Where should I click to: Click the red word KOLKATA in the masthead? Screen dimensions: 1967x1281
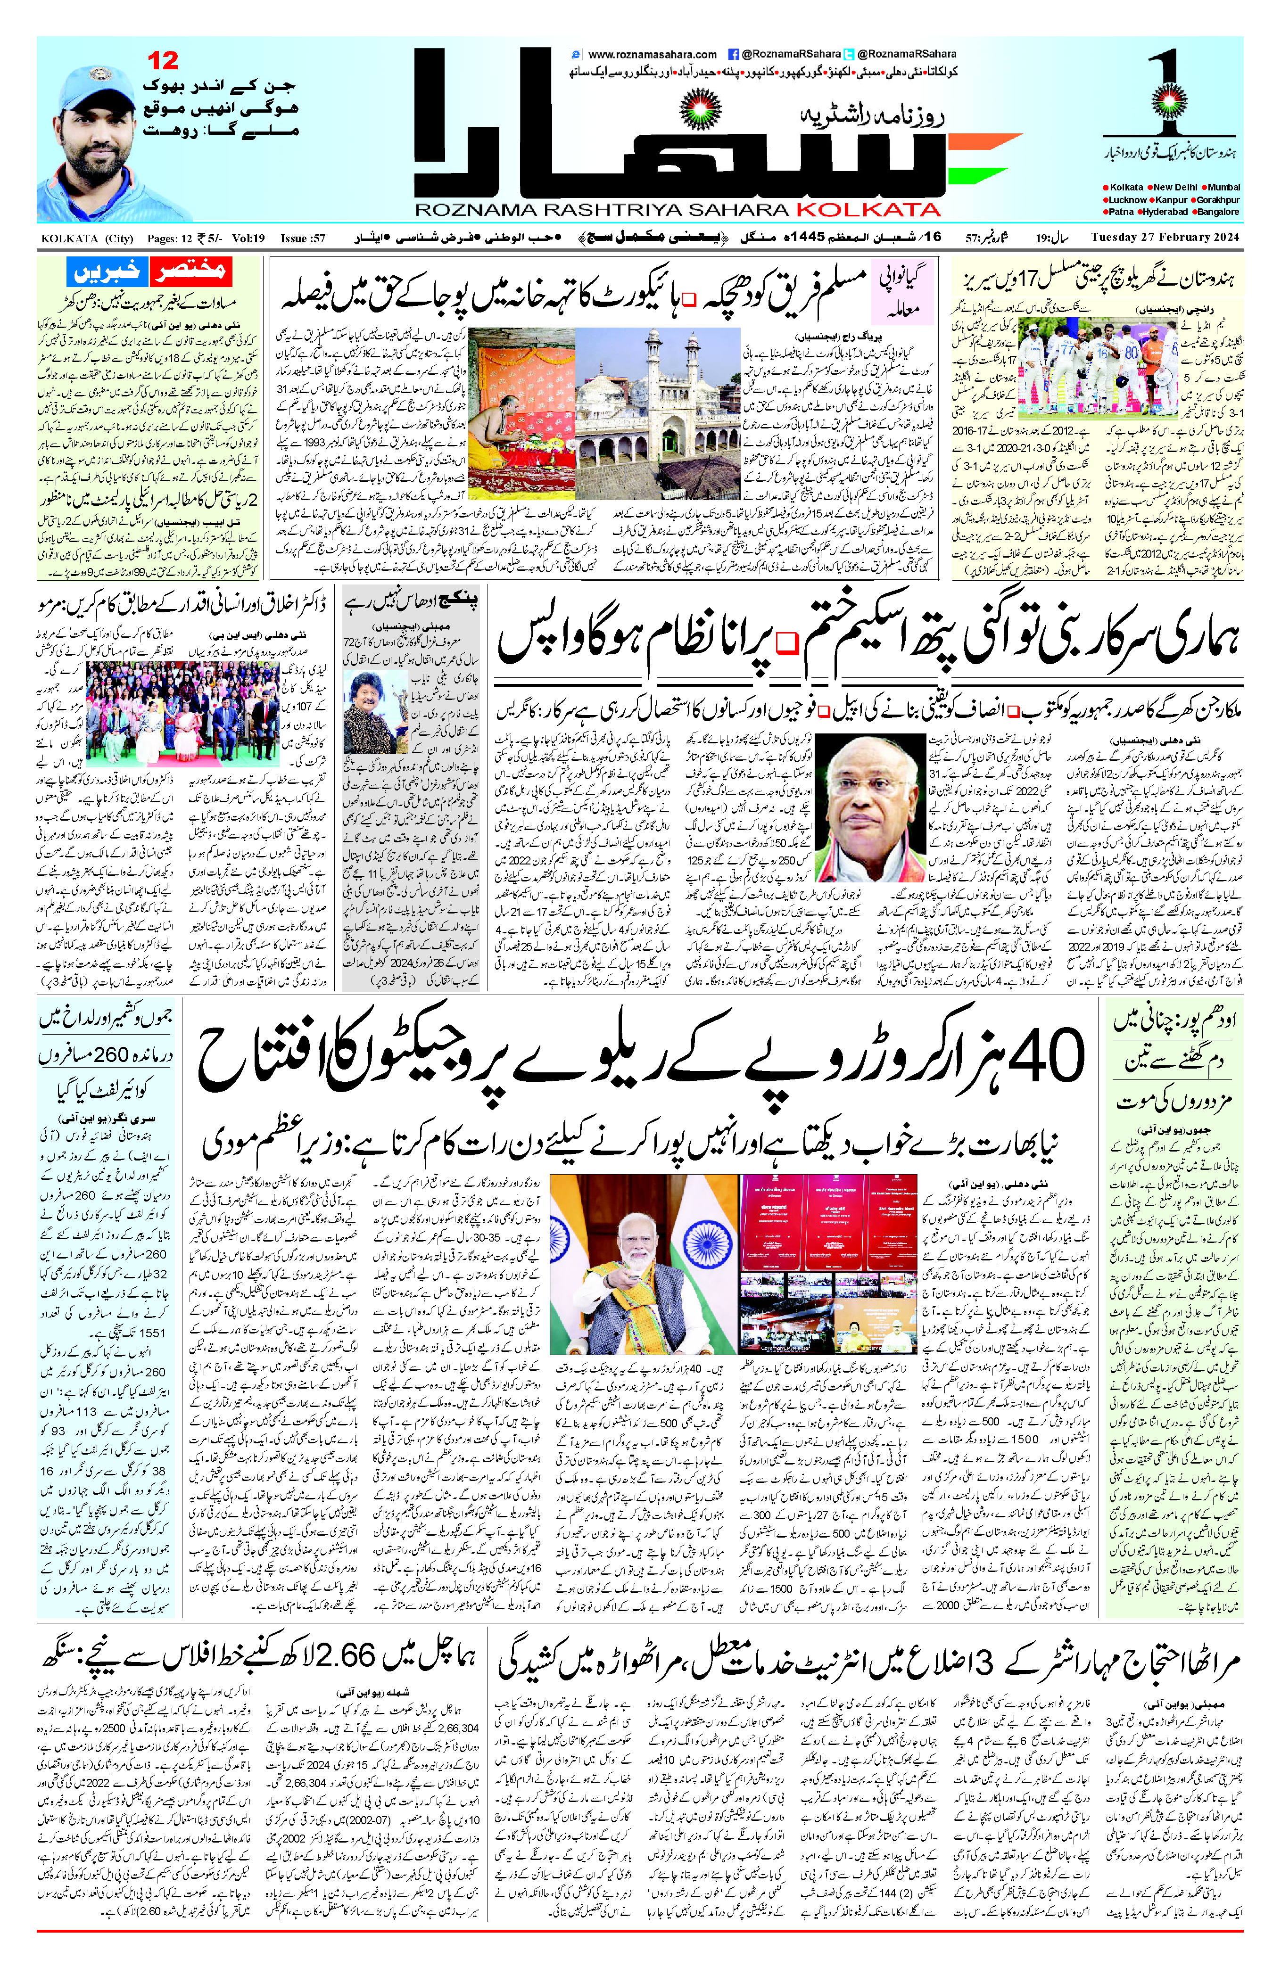click(868, 209)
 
